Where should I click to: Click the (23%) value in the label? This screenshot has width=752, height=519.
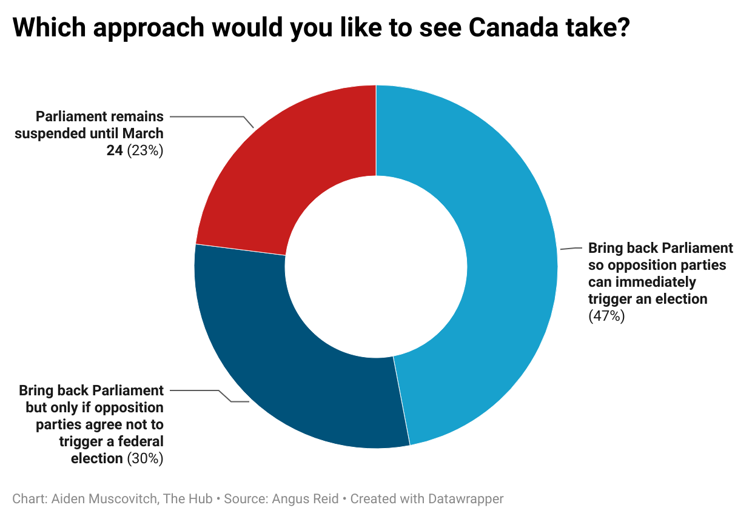[x=145, y=150]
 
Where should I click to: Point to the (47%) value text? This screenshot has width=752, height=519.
[x=606, y=316]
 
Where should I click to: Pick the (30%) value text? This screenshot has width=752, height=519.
[x=145, y=458]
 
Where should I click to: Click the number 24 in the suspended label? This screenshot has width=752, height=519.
[x=115, y=150]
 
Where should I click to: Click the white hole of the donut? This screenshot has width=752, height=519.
[x=376, y=267]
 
